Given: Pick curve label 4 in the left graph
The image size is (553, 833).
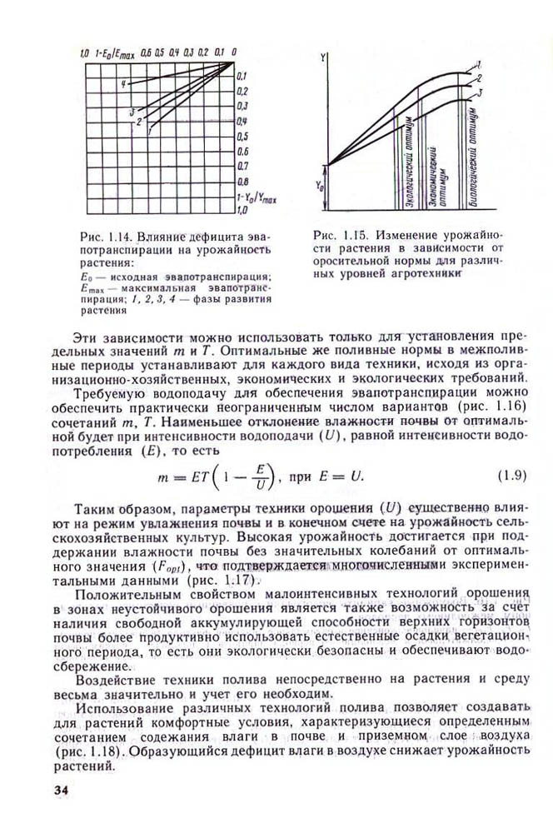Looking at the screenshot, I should pyautogui.click(x=122, y=84).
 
